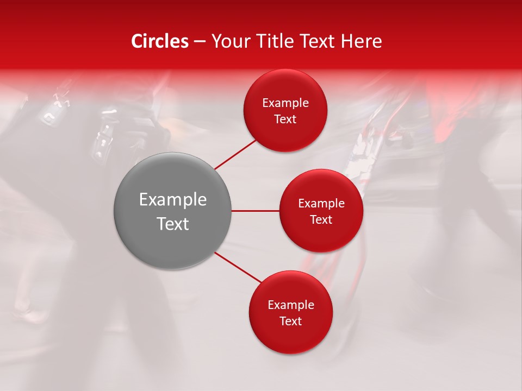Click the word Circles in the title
[159, 41]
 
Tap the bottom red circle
[290, 337]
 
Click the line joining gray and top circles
[235, 154]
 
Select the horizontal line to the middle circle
[255, 211]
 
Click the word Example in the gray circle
[173, 200]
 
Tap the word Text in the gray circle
[173, 224]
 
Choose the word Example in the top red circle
[285, 103]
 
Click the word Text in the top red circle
[285, 119]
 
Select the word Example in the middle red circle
[321, 204]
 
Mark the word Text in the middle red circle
[321, 220]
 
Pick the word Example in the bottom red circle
[291, 305]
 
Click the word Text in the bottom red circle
[291, 321]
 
